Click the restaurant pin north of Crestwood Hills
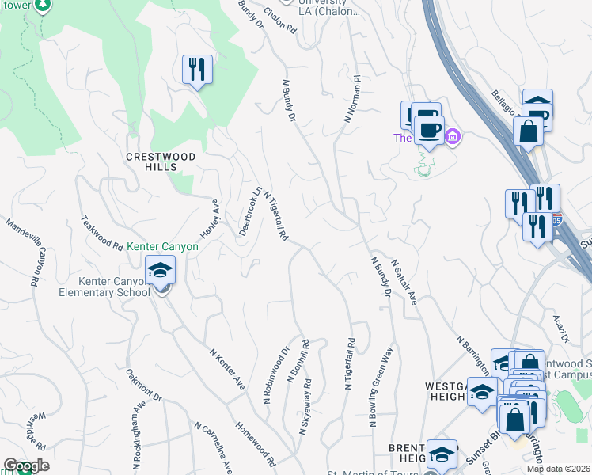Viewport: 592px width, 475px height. click(x=195, y=69)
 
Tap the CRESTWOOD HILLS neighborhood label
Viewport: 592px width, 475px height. click(x=161, y=157)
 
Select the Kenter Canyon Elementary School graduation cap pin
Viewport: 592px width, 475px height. click(x=160, y=271)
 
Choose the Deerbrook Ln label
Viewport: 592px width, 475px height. click(x=250, y=211)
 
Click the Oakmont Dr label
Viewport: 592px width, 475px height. click(x=143, y=387)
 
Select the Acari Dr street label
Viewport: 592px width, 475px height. click(x=561, y=321)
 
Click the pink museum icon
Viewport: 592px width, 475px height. click(x=452, y=137)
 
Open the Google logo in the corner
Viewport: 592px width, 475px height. click(x=26, y=465)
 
